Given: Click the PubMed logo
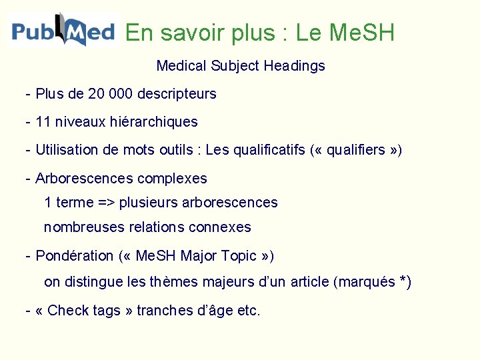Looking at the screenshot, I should click(x=63, y=31).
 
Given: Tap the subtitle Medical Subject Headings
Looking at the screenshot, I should click(x=240, y=66).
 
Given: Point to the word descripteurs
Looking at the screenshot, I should click(x=177, y=94).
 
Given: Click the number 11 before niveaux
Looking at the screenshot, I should click(x=43, y=122).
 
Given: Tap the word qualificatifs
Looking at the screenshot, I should click(x=268, y=150).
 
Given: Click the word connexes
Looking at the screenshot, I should click(x=220, y=227).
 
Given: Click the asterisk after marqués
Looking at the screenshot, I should click(x=403, y=281).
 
